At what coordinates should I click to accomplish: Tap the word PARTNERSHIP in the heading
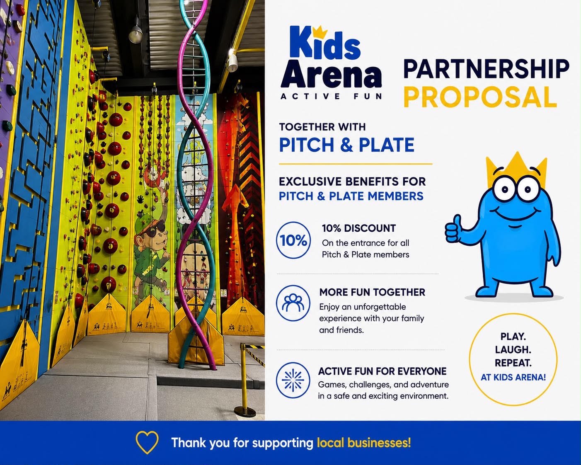(486, 69)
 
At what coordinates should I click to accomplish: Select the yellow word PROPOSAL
(480, 97)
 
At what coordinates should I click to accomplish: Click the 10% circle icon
(293, 240)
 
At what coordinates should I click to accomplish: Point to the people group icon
(293, 303)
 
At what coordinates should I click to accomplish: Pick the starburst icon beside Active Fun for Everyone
(293, 380)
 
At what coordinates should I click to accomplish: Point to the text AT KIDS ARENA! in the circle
(513, 377)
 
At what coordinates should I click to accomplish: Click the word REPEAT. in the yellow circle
(513, 363)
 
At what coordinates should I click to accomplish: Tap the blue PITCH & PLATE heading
(347, 145)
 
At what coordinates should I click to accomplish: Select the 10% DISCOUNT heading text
(359, 228)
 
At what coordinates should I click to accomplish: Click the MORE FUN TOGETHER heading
(372, 292)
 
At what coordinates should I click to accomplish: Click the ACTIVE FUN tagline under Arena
(331, 96)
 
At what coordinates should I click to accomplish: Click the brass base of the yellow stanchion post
(245, 412)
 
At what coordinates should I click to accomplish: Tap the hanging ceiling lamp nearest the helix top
(136, 32)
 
